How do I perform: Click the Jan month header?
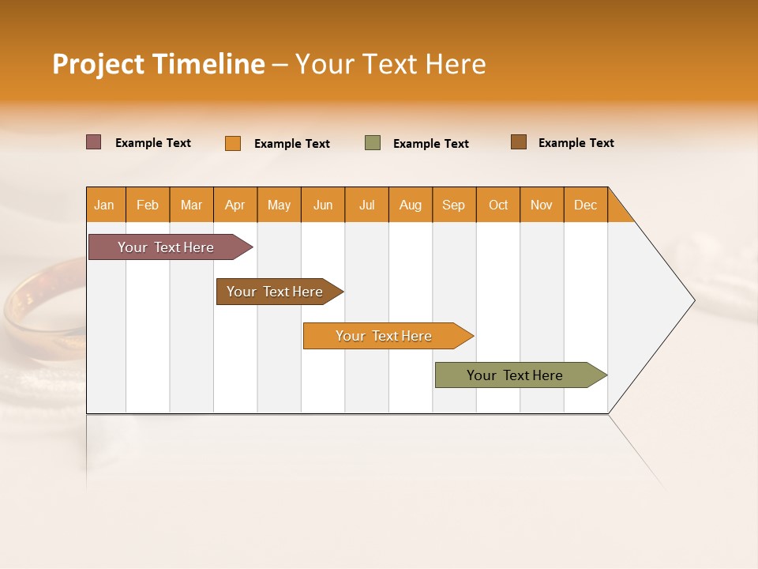pyautogui.click(x=105, y=205)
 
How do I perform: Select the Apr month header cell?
pyautogui.click(x=235, y=205)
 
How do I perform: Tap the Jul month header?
pyautogui.click(x=366, y=205)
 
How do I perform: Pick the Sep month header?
pyautogui.click(x=454, y=205)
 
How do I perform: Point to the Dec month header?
pyautogui.click(x=585, y=205)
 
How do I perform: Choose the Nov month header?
pyautogui.click(x=542, y=205)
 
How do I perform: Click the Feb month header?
pyautogui.click(x=148, y=205)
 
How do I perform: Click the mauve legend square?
pyautogui.click(x=94, y=142)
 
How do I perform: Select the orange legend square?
pyautogui.click(x=233, y=143)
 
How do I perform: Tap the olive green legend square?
pyautogui.click(x=373, y=143)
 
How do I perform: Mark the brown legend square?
pyautogui.click(x=519, y=142)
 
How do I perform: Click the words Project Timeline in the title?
pyautogui.click(x=158, y=64)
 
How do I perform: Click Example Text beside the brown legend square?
pyautogui.click(x=576, y=143)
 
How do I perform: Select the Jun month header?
pyautogui.click(x=323, y=205)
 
